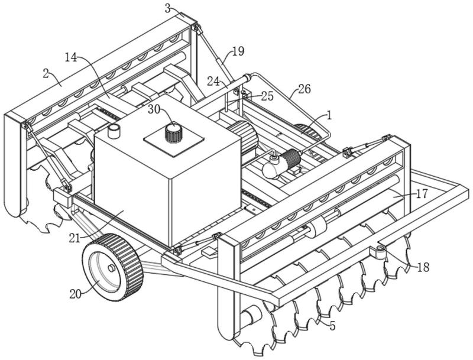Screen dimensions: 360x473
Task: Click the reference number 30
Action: (x=154, y=109)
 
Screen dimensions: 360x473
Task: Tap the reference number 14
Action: (x=71, y=57)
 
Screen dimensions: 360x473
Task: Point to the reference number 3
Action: (x=168, y=8)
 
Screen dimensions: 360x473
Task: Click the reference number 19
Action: (x=238, y=51)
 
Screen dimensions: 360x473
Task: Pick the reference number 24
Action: (x=213, y=80)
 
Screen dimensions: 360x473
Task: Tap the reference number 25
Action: (x=267, y=96)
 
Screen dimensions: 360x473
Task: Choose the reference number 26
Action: (x=304, y=89)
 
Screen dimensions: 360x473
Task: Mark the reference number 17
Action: (x=421, y=193)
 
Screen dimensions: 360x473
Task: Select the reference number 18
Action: (x=423, y=267)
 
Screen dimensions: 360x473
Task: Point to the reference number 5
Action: (x=332, y=326)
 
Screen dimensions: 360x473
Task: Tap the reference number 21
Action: (x=73, y=238)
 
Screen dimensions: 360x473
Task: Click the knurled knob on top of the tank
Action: (x=173, y=133)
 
